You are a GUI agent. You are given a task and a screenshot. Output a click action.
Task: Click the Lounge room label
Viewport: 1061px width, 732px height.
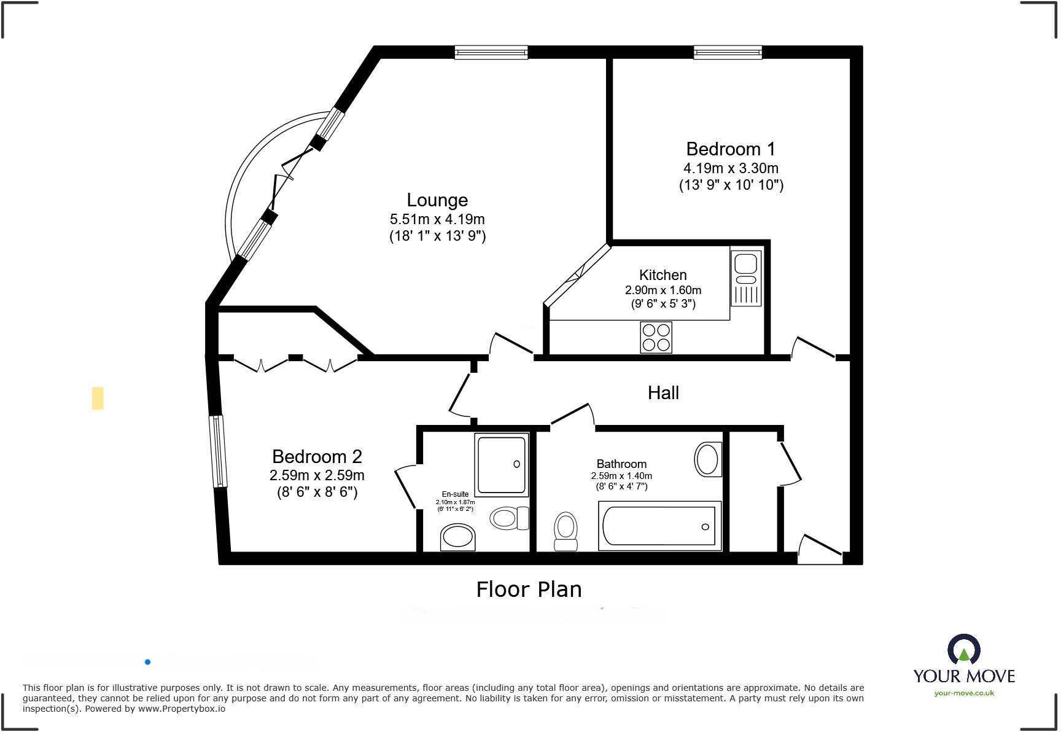pos(437,200)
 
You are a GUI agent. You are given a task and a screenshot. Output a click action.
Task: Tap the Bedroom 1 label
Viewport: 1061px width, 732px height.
pos(730,149)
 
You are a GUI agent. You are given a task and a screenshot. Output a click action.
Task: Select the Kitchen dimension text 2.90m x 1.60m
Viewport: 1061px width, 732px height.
pos(663,290)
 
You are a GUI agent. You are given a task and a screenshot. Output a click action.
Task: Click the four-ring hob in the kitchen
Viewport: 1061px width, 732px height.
pos(656,337)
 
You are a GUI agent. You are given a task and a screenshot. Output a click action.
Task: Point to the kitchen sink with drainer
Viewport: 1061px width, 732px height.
pos(745,278)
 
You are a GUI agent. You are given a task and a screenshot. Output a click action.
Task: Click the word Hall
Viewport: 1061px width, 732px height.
pos(663,393)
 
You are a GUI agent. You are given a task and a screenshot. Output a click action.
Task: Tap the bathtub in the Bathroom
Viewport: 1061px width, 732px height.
pos(659,526)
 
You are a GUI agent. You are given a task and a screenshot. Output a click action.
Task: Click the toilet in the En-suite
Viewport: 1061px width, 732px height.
pos(509,518)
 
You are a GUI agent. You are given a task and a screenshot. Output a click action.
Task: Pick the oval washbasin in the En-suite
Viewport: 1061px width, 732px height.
pos(458,538)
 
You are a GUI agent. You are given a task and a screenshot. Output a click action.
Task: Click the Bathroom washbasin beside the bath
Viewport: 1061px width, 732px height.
pos(707,459)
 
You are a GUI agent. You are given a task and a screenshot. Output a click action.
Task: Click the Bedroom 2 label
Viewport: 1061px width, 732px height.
pos(317,457)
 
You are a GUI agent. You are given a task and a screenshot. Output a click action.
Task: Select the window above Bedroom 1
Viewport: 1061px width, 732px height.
pos(728,52)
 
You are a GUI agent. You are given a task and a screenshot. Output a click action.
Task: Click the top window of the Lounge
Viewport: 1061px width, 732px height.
pos(491,52)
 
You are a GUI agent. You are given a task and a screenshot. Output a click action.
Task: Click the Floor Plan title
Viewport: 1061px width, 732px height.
pos(529,590)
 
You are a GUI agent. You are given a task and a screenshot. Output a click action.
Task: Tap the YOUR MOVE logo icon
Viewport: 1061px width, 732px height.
pos(963,650)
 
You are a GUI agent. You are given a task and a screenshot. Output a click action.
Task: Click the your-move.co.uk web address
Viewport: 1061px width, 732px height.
pos(964,693)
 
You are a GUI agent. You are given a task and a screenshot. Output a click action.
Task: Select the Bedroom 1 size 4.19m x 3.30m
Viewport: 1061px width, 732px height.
pos(731,168)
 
